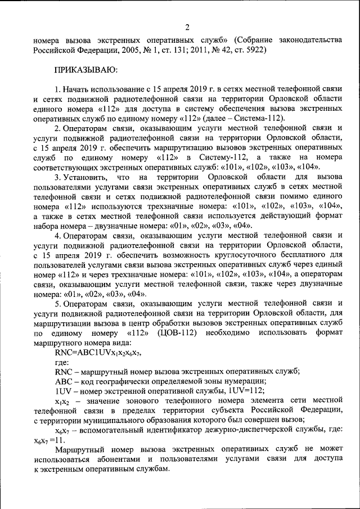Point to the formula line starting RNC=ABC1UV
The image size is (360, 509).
tap(98, 352)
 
